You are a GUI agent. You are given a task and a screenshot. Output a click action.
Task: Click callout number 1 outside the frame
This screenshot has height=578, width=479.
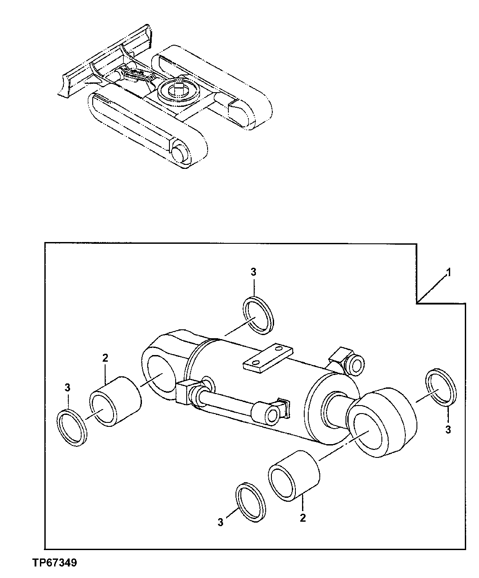click(x=448, y=273)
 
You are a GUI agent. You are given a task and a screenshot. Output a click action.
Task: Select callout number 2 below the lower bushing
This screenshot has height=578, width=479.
click(x=302, y=517)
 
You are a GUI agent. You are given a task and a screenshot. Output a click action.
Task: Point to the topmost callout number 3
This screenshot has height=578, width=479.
click(x=253, y=272)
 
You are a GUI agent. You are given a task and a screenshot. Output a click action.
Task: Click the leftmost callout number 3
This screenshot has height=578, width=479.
click(x=67, y=388)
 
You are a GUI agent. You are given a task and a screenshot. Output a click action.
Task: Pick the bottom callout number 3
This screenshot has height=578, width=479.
click(x=220, y=523)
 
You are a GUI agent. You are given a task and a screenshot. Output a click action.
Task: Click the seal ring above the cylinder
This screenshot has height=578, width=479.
click(x=259, y=314)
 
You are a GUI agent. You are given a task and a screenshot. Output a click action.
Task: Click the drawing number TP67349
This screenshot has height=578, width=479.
click(x=55, y=563)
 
